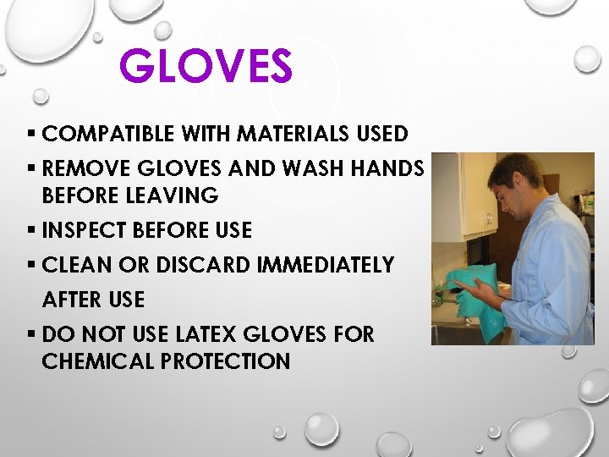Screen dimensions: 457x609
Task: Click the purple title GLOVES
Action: (x=206, y=66)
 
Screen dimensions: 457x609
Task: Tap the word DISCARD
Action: (x=200, y=265)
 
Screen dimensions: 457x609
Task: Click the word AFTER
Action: (x=69, y=300)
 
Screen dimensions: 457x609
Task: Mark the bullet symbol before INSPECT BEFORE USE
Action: (x=30, y=230)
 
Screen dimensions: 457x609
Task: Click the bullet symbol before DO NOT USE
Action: (x=30, y=334)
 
